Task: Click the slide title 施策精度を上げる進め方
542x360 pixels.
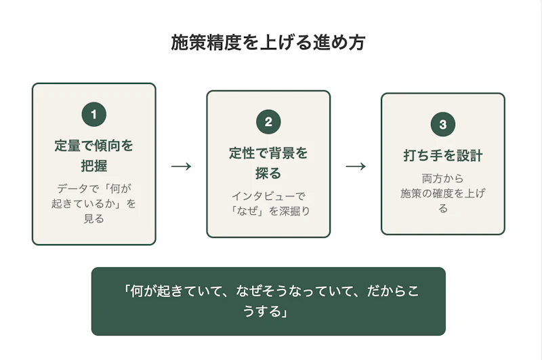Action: tap(268, 43)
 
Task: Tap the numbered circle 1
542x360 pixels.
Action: tap(93, 115)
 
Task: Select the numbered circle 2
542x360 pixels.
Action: tap(268, 122)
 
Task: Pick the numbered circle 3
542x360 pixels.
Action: tap(442, 125)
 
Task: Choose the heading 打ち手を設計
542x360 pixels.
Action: tap(442, 156)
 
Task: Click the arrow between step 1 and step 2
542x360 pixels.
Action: tap(181, 166)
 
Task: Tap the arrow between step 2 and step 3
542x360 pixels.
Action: tap(356, 166)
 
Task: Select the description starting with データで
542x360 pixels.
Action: tap(93, 203)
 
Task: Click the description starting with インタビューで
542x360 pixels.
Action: tap(268, 203)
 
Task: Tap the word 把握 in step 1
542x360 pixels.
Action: tap(93, 165)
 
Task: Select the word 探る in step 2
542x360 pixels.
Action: tap(268, 173)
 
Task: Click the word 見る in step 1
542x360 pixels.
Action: tap(93, 218)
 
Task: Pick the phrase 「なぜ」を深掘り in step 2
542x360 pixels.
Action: tap(268, 211)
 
